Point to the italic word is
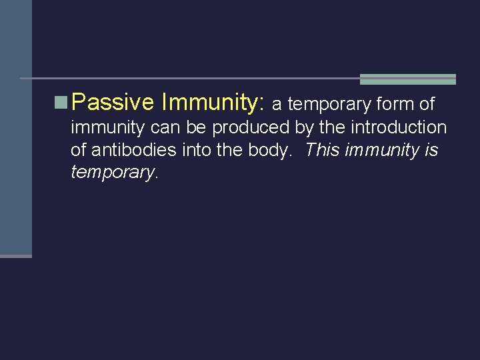pos(431,150)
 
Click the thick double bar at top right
pos(407,79)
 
